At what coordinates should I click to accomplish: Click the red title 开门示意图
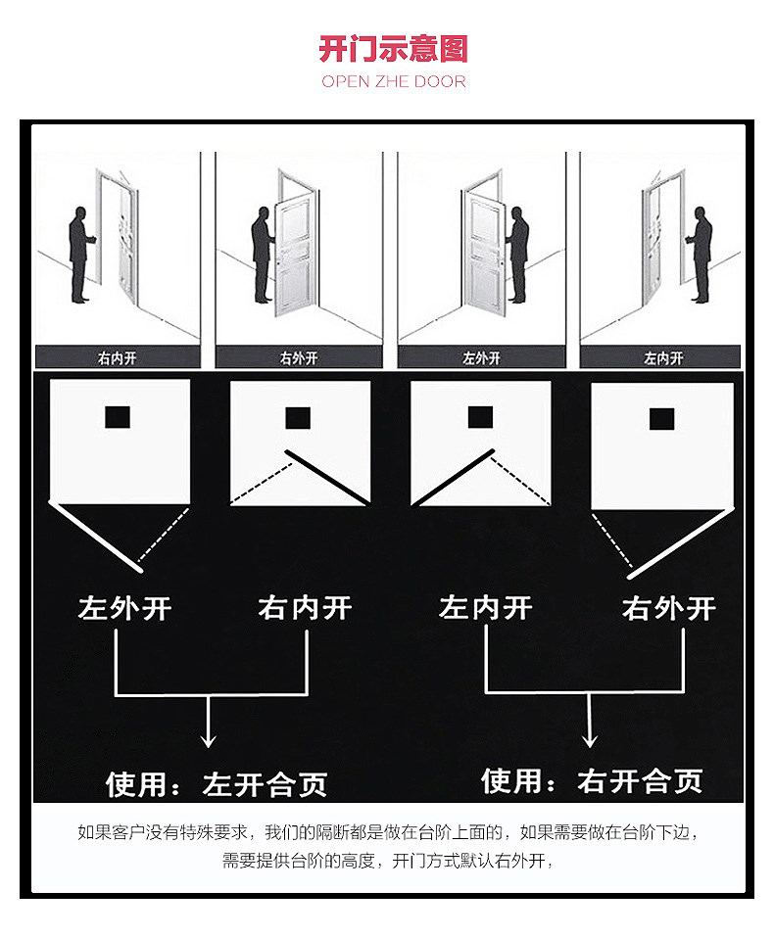click(x=393, y=48)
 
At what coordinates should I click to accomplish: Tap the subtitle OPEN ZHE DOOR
click(x=393, y=81)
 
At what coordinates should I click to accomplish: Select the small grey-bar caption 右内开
click(x=118, y=357)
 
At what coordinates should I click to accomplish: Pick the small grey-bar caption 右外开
click(x=299, y=357)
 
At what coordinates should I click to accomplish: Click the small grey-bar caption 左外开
click(x=481, y=357)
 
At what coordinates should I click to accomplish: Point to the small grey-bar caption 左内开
click(x=663, y=357)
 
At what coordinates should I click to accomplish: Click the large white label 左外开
click(x=125, y=608)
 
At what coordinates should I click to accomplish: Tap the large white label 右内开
click(x=306, y=607)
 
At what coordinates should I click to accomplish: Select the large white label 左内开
click(x=486, y=607)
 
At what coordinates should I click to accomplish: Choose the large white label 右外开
click(x=668, y=608)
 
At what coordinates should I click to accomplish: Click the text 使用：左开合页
click(x=217, y=784)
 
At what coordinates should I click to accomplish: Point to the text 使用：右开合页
click(x=592, y=780)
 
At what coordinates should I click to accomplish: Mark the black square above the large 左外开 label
click(x=118, y=417)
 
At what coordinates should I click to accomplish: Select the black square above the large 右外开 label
click(x=661, y=419)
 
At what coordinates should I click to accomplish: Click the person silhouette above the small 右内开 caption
click(x=80, y=255)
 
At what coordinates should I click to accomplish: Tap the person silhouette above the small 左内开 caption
click(x=700, y=255)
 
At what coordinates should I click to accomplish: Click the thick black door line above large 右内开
click(x=327, y=478)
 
